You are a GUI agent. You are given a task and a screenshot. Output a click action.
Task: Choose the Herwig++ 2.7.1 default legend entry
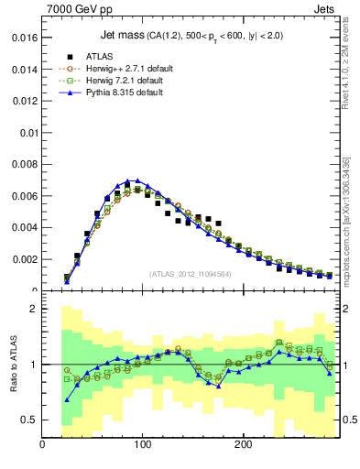click(x=131, y=68)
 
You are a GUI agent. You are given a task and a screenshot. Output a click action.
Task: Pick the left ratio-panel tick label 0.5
click(x=28, y=420)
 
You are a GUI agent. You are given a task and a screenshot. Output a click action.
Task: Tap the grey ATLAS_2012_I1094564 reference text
click(x=190, y=273)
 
